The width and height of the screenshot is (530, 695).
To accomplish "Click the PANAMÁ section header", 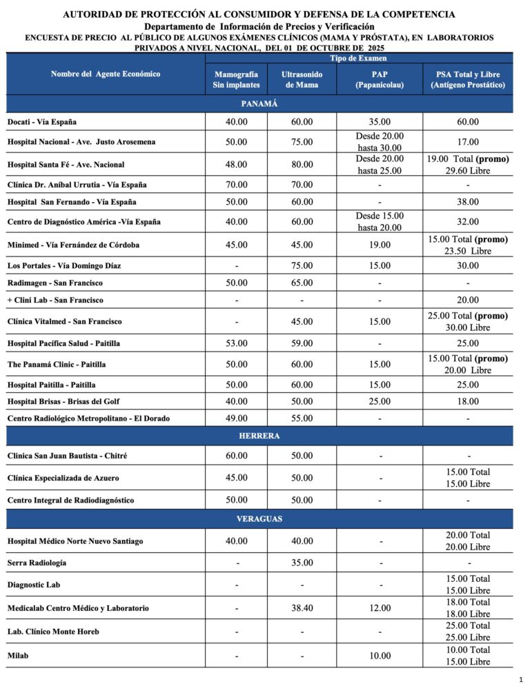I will (259, 103).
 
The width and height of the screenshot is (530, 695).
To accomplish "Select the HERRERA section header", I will (259, 436).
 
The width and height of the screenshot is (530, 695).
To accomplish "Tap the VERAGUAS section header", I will (259, 518).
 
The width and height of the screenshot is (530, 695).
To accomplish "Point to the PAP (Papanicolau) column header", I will (379, 79).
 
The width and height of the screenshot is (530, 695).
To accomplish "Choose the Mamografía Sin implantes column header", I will (237, 79).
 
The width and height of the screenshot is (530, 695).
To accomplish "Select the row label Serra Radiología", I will (37, 563).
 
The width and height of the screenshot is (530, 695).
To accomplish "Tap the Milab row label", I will (18, 656).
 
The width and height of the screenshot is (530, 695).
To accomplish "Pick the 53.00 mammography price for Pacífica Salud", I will (237, 343).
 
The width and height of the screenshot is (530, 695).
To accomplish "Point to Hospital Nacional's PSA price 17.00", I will (467, 142).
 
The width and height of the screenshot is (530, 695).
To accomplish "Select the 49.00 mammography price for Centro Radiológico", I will (237, 418).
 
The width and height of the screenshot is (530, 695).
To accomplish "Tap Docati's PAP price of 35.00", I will (379, 122).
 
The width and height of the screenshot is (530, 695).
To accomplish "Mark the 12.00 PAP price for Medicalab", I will (379, 608).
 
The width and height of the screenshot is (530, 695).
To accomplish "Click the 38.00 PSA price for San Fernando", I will (467, 202).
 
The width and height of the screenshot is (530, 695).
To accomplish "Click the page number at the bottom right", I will (520, 680).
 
